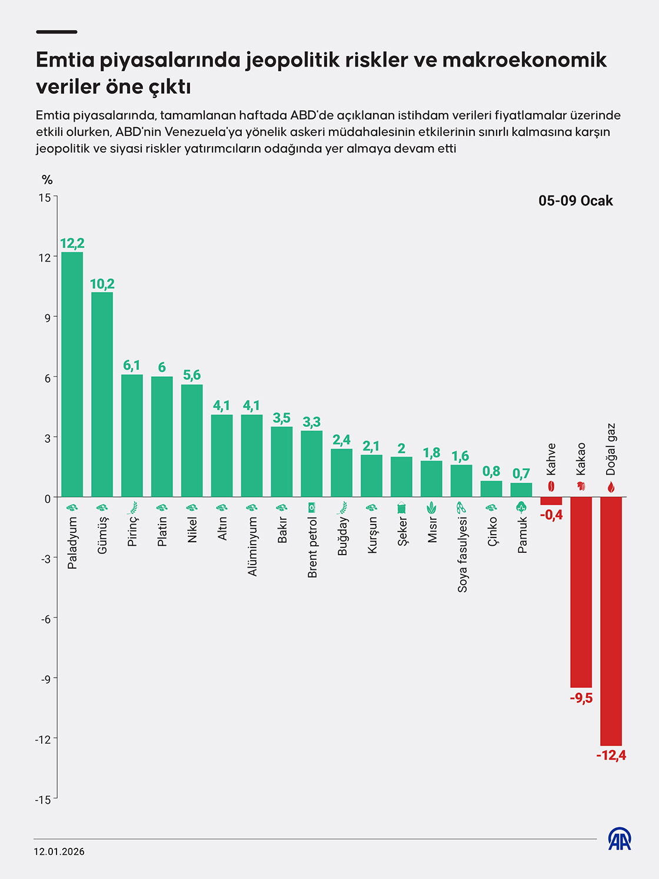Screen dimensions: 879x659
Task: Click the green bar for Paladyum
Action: pos(72,374)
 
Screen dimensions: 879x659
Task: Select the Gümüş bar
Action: pos(102,394)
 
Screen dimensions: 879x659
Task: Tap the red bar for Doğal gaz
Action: pos(611,621)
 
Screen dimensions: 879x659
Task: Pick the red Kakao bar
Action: pos(581,592)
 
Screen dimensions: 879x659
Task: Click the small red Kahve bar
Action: pos(551,501)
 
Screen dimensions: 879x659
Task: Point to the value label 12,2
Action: pos(72,243)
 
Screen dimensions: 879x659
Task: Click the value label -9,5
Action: pos(581,698)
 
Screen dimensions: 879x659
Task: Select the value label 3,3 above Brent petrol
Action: pos(311,422)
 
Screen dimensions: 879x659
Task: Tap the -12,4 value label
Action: pos(611,755)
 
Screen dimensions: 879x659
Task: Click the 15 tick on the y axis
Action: pos(45,197)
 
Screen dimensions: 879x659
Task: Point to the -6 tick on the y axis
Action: pos(45,619)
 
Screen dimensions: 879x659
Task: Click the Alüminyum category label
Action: pos(252,546)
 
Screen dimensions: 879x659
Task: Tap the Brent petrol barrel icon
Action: pos(312,507)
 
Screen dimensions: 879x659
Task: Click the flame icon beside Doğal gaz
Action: pos(611,487)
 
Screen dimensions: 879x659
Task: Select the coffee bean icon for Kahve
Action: pos(551,486)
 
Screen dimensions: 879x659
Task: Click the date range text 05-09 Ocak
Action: pos(575,201)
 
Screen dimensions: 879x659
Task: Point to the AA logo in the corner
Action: pos(619,838)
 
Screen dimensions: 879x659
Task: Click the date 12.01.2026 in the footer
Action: pos(59,851)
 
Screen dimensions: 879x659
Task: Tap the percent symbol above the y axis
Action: pos(47,180)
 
